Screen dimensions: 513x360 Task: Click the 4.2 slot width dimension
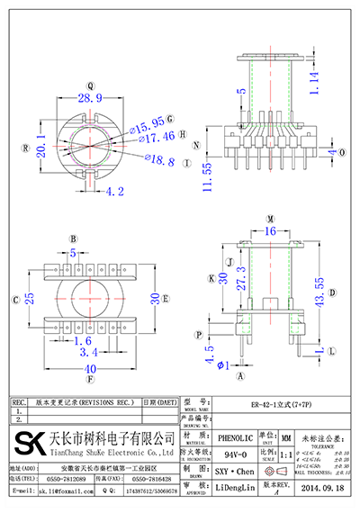[x=114, y=191]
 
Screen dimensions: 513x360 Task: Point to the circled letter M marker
[x=269, y=219]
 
